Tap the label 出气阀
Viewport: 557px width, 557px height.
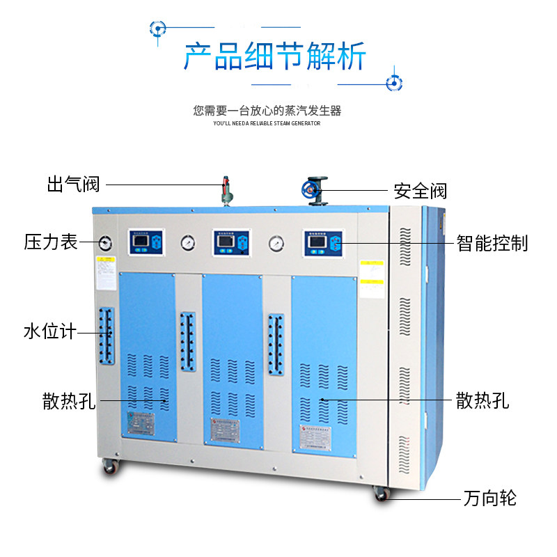click(x=74, y=185)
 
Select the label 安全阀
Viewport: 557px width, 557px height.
click(x=420, y=190)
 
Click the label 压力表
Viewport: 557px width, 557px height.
click(x=51, y=242)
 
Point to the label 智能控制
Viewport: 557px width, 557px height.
click(x=492, y=243)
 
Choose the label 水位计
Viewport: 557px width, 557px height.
click(x=49, y=331)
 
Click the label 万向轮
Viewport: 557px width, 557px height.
click(x=489, y=498)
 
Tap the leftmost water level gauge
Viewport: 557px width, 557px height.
click(x=106, y=336)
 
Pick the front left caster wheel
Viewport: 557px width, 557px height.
click(x=110, y=467)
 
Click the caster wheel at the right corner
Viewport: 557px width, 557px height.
click(x=380, y=493)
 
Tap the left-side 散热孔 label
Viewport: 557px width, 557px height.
click(x=69, y=402)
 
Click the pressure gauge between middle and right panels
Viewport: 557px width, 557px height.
click(x=276, y=243)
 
